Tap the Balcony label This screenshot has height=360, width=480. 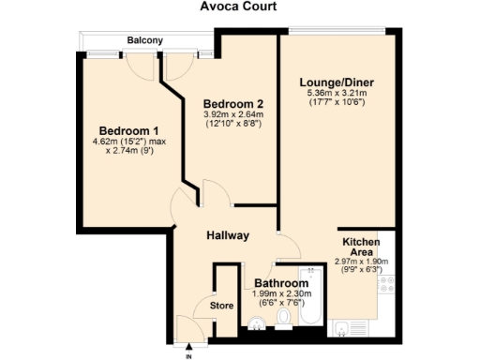tap(146, 40)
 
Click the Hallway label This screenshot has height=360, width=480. tap(228, 235)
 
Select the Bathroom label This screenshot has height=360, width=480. tap(281, 283)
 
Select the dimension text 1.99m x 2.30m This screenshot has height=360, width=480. tap(281, 294)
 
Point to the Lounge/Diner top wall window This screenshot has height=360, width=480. tap(337, 29)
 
